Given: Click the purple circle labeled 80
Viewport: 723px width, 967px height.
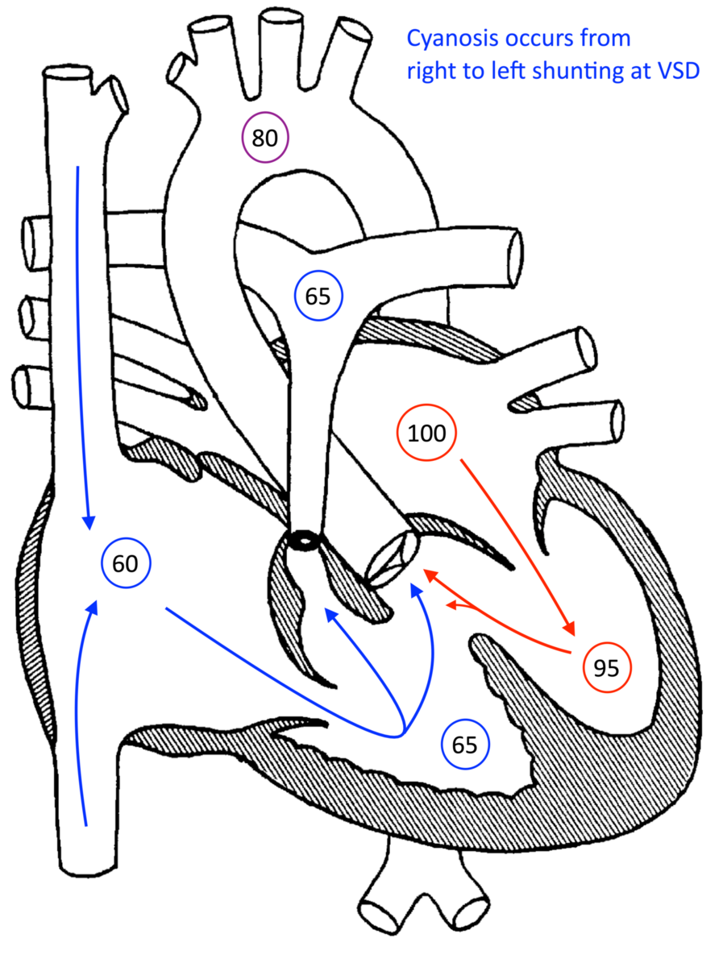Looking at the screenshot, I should pyautogui.click(x=264, y=138).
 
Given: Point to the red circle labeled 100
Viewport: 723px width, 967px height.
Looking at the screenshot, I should pyautogui.click(x=426, y=434).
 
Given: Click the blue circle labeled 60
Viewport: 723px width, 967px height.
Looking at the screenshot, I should pyautogui.click(x=125, y=563).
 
